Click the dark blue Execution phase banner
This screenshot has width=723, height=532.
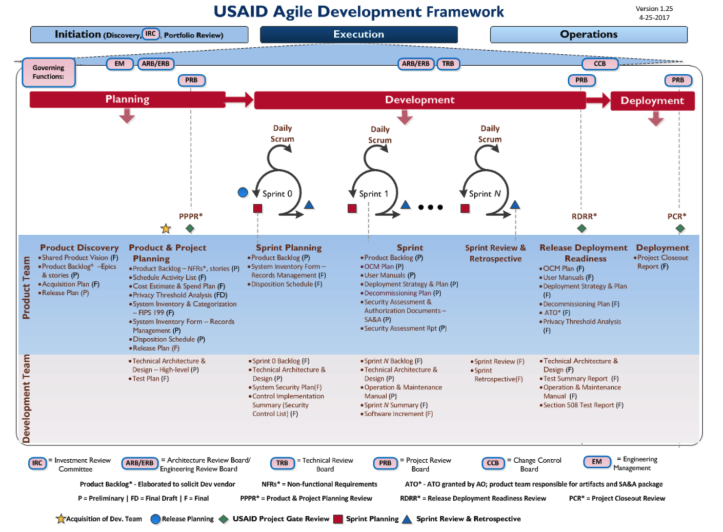pos(358,34)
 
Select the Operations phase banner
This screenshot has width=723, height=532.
pos(588,34)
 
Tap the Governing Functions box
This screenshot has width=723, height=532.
pos(49,72)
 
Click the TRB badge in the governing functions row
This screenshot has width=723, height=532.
pos(448,64)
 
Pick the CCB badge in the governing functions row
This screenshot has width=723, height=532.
pos(599,64)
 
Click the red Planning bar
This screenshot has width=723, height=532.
pos(127,99)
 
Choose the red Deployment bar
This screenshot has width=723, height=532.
pos(652,101)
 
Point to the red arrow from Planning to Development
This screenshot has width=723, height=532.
pos(239,99)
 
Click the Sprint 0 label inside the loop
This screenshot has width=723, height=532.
pos(277,194)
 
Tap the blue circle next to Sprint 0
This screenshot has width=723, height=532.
pos(243,192)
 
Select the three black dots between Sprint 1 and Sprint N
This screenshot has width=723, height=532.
pos(430,207)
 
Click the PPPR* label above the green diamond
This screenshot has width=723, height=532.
pos(191,216)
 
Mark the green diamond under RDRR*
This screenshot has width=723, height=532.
pos(581,228)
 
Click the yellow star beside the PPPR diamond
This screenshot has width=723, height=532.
pos(166,229)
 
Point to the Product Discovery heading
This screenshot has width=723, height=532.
pos(79,248)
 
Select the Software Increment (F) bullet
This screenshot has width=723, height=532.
pos(398,414)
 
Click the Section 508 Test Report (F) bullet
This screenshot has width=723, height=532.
pos(583,405)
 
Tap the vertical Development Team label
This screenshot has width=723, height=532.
pos(26,398)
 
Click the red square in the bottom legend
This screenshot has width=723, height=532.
pos(338,519)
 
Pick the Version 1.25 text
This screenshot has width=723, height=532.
pos(654,9)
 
